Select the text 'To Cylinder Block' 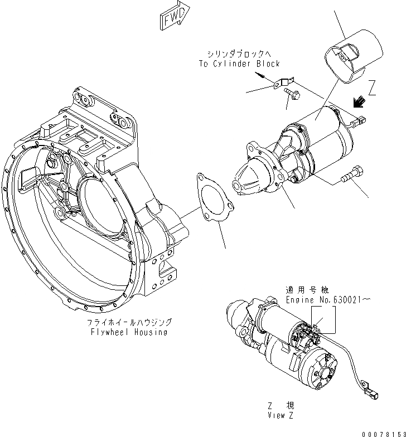pos(239,64)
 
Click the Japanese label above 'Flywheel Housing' pos(129,323)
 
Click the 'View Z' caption pos(281,416)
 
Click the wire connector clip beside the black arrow pos(360,119)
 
